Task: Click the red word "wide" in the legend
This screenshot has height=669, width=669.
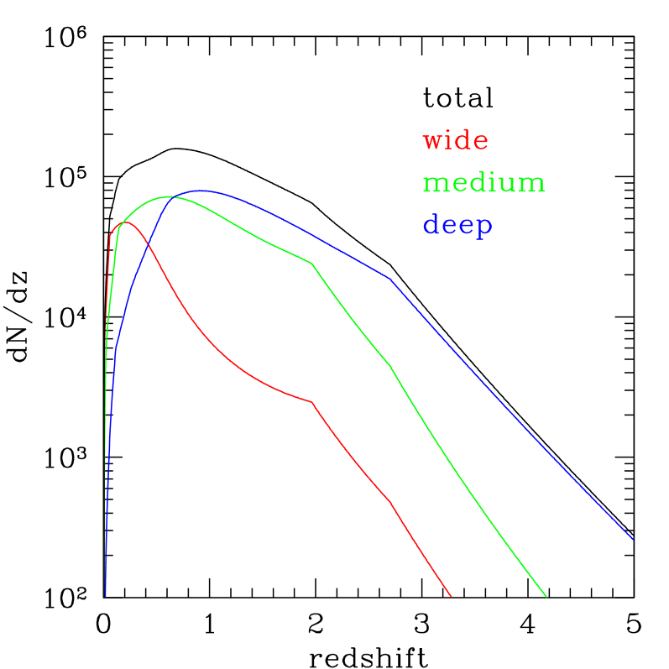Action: click(x=456, y=140)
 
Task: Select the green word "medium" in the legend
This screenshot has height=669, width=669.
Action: click(x=484, y=182)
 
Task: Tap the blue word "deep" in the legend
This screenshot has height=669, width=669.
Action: click(x=457, y=225)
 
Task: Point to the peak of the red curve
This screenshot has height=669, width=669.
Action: click(x=125, y=222)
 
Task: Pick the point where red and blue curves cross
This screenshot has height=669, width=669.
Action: click(x=148, y=242)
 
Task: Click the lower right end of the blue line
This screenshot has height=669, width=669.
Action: click(x=633, y=540)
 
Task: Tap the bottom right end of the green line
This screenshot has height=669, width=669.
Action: click(x=546, y=597)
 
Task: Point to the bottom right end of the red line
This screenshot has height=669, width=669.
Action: click(x=452, y=597)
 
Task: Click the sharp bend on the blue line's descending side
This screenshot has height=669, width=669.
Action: click(x=389, y=278)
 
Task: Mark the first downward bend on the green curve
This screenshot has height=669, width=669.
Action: click(x=312, y=264)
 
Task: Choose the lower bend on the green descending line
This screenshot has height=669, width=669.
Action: click(x=390, y=366)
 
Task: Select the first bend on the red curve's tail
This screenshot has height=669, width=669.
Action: click(x=312, y=402)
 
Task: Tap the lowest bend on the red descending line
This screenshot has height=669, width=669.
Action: click(x=390, y=502)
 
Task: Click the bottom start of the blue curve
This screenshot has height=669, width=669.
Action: click(x=105, y=595)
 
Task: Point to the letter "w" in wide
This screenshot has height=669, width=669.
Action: click(x=433, y=141)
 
